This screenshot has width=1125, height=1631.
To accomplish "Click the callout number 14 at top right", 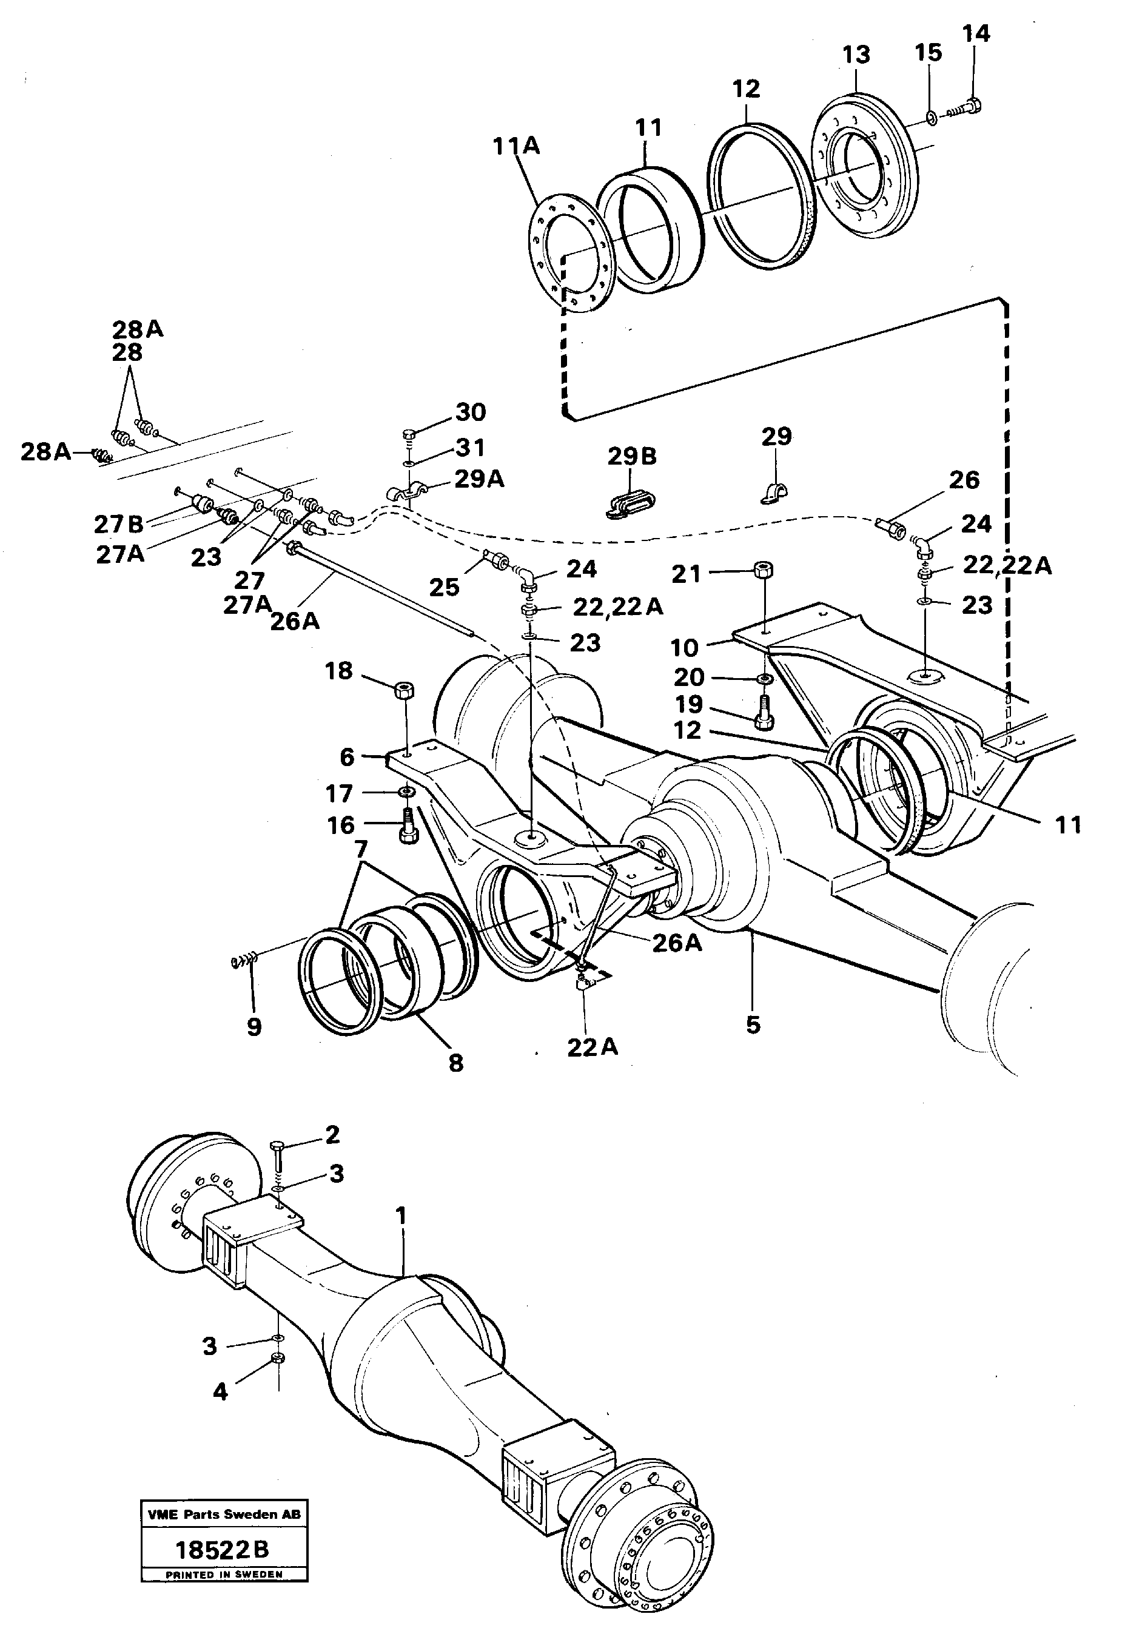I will point(976,33).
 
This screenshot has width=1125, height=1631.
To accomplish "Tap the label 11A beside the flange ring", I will point(516,146).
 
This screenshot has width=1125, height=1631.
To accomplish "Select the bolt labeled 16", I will point(408,826).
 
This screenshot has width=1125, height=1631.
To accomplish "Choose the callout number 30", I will point(471,412).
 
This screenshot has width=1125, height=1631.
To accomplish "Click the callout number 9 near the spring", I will point(254,1027).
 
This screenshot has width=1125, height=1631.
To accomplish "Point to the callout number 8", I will point(456,1063).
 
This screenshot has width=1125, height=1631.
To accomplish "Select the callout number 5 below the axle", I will point(753,1025).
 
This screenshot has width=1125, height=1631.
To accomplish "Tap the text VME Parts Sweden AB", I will point(223,1514).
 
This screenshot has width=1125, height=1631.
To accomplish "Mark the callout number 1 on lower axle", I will point(401,1216).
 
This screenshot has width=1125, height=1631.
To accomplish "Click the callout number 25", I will point(444,587).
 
